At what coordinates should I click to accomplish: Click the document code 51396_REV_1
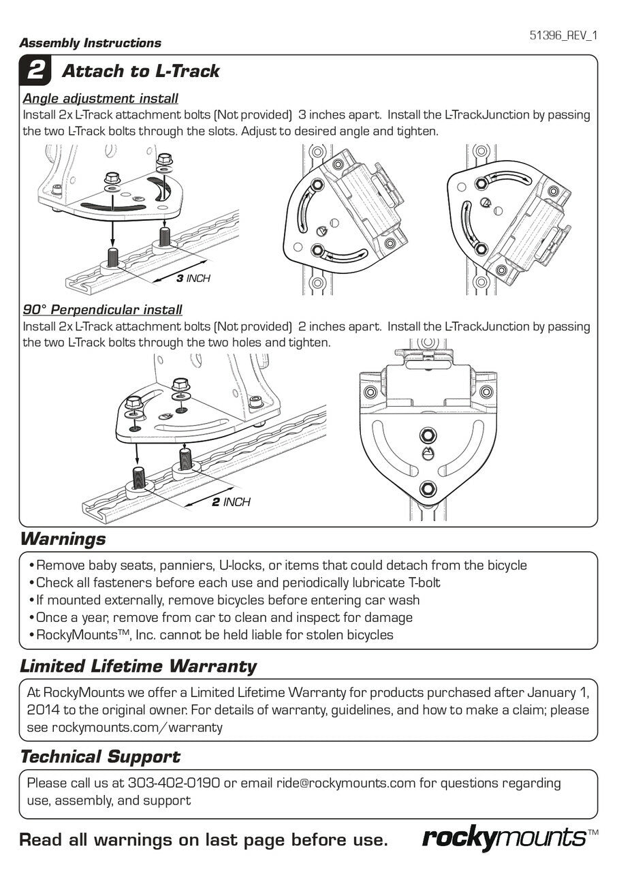point(563,36)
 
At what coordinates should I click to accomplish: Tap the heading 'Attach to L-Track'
point(140,71)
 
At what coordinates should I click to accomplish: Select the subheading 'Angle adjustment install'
point(101,98)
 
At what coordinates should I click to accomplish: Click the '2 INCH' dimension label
point(231,502)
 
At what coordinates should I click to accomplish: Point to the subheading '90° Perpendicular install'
point(103,310)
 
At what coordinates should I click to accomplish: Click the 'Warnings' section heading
point(63,540)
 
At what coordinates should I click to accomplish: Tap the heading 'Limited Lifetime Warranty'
point(138,666)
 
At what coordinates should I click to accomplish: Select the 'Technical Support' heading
point(100,757)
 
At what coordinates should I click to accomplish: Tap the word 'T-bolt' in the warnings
point(418,582)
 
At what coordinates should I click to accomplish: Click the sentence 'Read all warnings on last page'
point(203,839)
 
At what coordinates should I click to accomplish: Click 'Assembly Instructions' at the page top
point(90,43)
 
